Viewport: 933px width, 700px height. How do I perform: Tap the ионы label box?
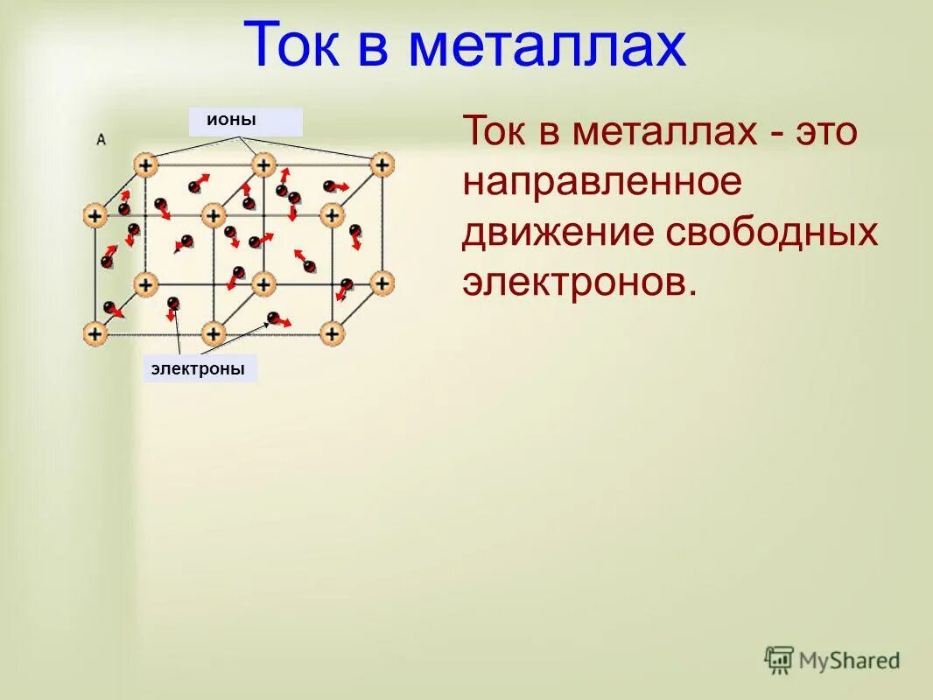click(245, 122)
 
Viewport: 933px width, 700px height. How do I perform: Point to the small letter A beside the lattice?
click(102, 139)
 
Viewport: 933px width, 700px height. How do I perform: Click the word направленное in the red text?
click(602, 183)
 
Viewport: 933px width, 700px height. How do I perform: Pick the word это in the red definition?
click(828, 133)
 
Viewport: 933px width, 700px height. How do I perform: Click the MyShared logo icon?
click(778, 659)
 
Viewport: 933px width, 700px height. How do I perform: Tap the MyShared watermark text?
click(848, 661)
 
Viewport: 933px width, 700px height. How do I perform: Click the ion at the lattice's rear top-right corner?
click(382, 164)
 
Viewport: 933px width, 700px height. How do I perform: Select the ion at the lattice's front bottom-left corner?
click(95, 333)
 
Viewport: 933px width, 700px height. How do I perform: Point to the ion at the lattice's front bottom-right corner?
click(332, 333)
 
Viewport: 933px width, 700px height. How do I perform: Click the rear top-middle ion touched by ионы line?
click(263, 164)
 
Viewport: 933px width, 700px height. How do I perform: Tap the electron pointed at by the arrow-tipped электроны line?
click(274, 318)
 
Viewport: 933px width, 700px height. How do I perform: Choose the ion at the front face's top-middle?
click(213, 214)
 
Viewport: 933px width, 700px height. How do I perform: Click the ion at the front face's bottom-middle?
click(213, 333)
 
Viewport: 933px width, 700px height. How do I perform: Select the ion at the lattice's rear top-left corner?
click(145, 164)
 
